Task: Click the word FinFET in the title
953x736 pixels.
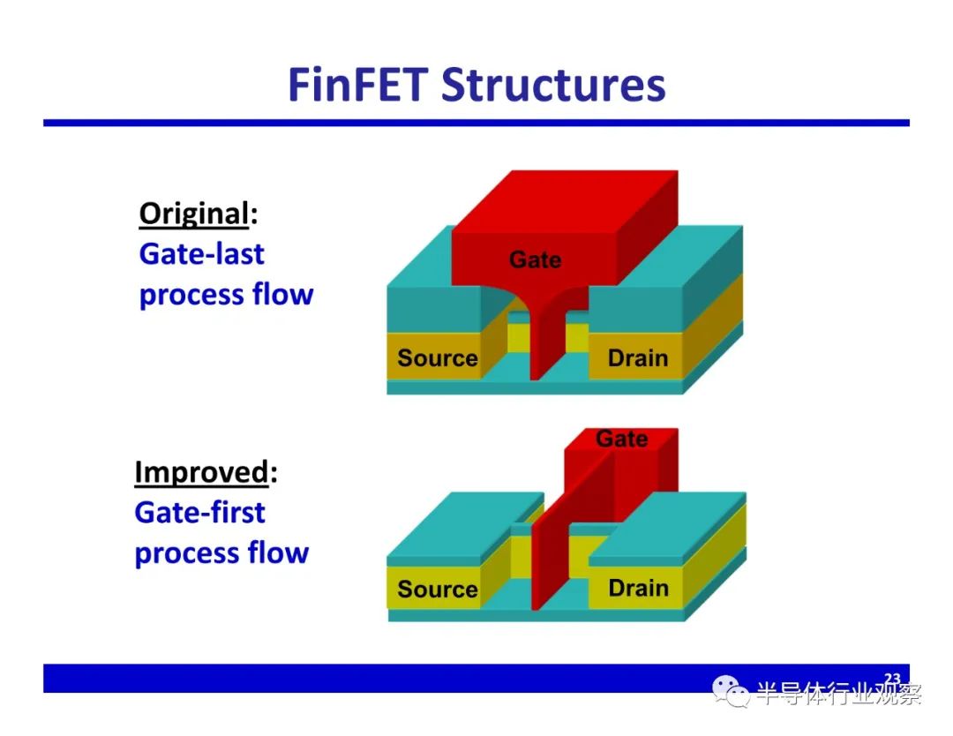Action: [358, 85]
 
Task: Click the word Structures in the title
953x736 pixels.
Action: [553, 85]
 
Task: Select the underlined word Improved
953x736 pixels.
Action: [201, 473]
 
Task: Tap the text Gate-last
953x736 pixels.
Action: [201, 253]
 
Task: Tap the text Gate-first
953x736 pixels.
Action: [199, 513]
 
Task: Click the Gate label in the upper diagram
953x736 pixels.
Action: [535, 259]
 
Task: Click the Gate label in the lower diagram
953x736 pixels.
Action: [621, 439]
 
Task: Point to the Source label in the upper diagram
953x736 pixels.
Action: [437, 357]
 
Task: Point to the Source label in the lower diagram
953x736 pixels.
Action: [437, 589]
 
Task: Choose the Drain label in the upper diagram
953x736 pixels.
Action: [638, 358]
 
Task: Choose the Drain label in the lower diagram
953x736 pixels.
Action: [638, 588]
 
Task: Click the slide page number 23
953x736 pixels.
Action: [892, 679]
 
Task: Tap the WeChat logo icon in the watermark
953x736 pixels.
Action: [731, 692]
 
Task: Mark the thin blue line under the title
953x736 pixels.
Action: [476, 123]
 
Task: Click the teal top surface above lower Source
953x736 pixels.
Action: [466, 524]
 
